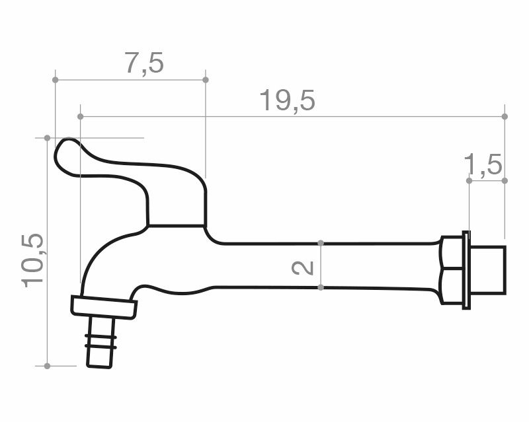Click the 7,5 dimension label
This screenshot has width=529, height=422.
[x=145, y=63]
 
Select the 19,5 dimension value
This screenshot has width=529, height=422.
[x=287, y=101]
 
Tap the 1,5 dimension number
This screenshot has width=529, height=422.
[x=483, y=165]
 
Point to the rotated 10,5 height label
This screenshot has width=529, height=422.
[x=33, y=260]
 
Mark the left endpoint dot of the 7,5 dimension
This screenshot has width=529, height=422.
[x=56, y=80]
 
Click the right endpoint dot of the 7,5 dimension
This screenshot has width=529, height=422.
[x=206, y=80]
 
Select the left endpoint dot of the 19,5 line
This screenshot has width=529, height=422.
[x=80, y=117]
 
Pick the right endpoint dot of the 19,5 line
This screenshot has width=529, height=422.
[x=505, y=117]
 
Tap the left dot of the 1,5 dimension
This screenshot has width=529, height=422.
[x=469, y=181]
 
